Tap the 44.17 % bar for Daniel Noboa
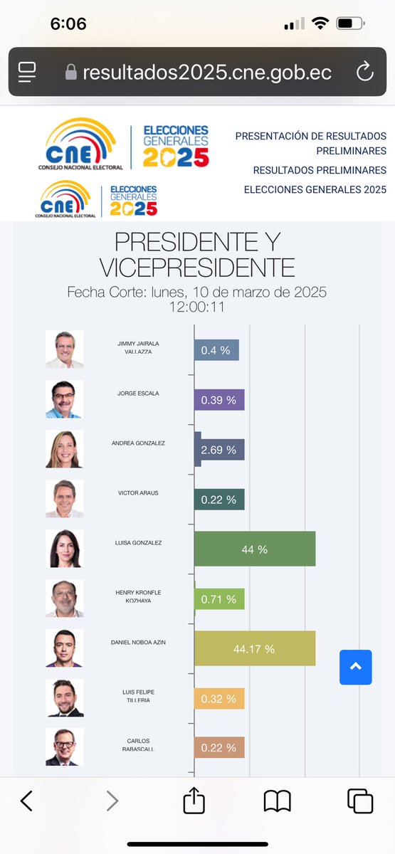pos(255,649)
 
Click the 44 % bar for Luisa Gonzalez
pos(255,549)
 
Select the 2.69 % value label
pos(218,450)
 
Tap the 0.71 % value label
pos(218,599)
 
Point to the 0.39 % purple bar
pos(219,400)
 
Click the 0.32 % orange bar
pos(219,698)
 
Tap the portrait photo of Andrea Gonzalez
pos(65,449)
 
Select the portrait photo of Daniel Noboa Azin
pos(65,648)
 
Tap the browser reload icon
pos(364,72)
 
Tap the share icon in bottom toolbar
pos(194,801)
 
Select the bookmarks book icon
pos(277,801)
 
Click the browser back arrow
pos(26,801)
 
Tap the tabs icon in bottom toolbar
pos(360,801)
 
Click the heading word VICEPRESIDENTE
pos(197,268)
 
